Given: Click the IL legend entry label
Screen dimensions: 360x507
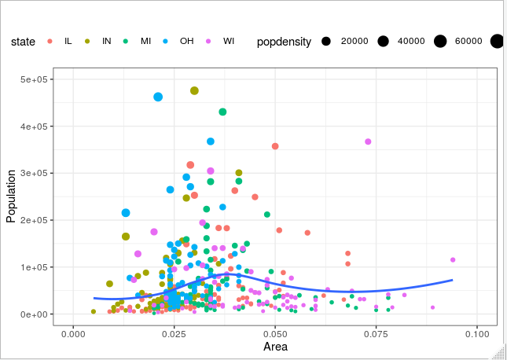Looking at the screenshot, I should click(68, 41).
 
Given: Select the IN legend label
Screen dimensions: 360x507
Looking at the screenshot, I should click(107, 41).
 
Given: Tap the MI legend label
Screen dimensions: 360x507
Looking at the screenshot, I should click(146, 41).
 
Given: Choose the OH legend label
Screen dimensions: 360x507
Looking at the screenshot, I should click(186, 41).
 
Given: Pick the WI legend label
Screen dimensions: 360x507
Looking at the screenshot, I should click(228, 41).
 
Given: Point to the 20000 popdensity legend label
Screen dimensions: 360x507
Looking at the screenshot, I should click(354, 41).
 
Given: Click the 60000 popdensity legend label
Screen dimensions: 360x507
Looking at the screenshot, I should click(470, 41).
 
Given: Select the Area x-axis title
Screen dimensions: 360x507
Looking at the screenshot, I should click(274, 347).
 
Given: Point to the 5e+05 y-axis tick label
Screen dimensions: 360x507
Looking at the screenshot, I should click(37, 79).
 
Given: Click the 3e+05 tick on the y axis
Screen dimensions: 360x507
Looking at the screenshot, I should click(37, 173).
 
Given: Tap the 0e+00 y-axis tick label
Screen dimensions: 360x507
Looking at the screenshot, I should click(37, 314).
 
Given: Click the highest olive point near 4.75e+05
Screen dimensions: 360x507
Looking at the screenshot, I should click(194, 91).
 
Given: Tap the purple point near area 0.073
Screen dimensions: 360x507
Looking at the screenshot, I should click(368, 141).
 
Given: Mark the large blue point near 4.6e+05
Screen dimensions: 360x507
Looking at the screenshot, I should click(158, 97).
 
